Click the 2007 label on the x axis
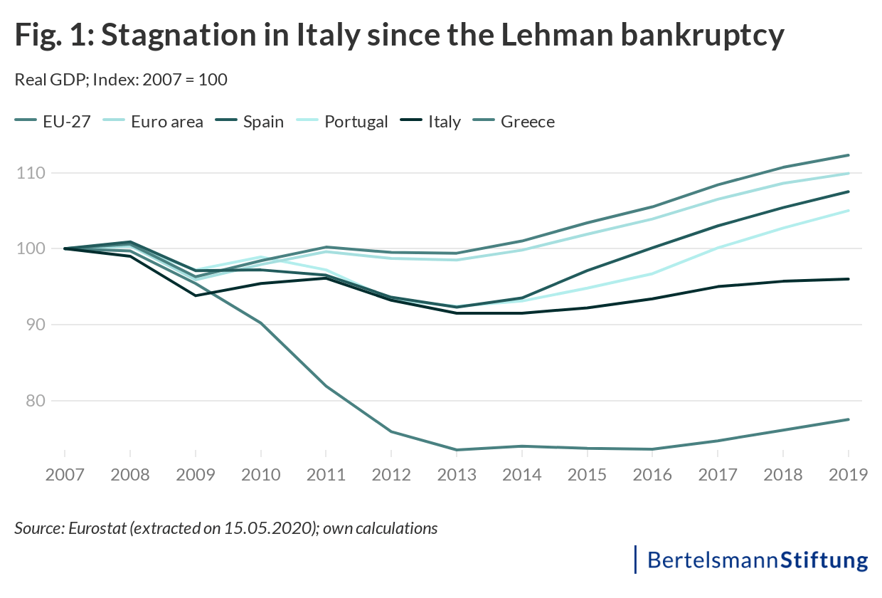[65, 475]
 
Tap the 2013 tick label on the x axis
[457, 475]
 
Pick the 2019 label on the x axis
[848, 475]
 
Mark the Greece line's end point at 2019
[849, 419]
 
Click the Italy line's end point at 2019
[849, 279]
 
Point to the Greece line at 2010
[261, 323]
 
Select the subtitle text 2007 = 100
[185, 80]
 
